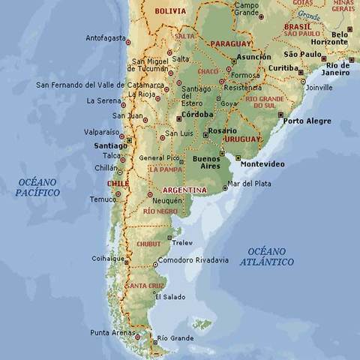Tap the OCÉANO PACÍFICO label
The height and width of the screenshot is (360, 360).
pyautogui.click(x=37, y=187)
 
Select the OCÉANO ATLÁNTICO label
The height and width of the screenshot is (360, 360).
pyautogui.click(x=267, y=256)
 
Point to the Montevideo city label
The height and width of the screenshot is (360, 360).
pyautogui.click(x=262, y=163)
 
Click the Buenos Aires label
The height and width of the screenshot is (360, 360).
pyautogui.click(x=206, y=163)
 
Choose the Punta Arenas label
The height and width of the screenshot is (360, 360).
pyautogui.click(x=111, y=332)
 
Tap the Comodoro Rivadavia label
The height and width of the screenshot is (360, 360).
pyautogui.click(x=193, y=260)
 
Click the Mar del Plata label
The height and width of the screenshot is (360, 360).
pyautogui.click(x=249, y=183)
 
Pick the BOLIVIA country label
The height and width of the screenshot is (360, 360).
pyautogui.click(x=170, y=11)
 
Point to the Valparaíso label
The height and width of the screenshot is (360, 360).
pyautogui.click(x=101, y=131)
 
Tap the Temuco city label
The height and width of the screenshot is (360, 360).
pyautogui.click(x=103, y=199)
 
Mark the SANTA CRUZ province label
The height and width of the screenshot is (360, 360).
pyautogui.click(x=145, y=286)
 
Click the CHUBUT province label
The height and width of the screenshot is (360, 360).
pyautogui.click(x=148, y=244)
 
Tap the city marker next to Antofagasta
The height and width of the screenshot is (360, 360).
pyautogui.click(x=128, y=42)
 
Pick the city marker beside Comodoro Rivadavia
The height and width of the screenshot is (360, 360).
pyautogui.click(x=155, y=264)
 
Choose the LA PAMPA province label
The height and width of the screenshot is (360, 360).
pyautogui.click(x=166, y=169)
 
